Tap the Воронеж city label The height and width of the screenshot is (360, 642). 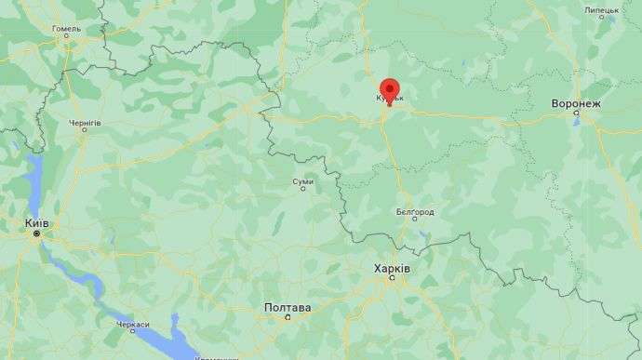pos(576,103)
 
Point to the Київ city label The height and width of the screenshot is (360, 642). pos(37,223)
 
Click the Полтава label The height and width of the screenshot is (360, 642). pos(288,306)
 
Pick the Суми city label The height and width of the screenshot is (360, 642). pos(301,180)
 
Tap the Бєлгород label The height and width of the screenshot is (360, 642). pos(415,212)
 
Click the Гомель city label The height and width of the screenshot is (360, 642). pos(66,29)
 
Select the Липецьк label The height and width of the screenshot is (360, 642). pos(601,11)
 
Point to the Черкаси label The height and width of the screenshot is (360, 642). pos(133,325)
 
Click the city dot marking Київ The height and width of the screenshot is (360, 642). pos(37,234)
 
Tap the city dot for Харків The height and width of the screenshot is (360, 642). pos(392,277)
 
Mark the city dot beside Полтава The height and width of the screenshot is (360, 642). pos(288,316)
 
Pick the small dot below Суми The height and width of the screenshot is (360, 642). pos(301,189)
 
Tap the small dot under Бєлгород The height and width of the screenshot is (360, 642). pos(415,221)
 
